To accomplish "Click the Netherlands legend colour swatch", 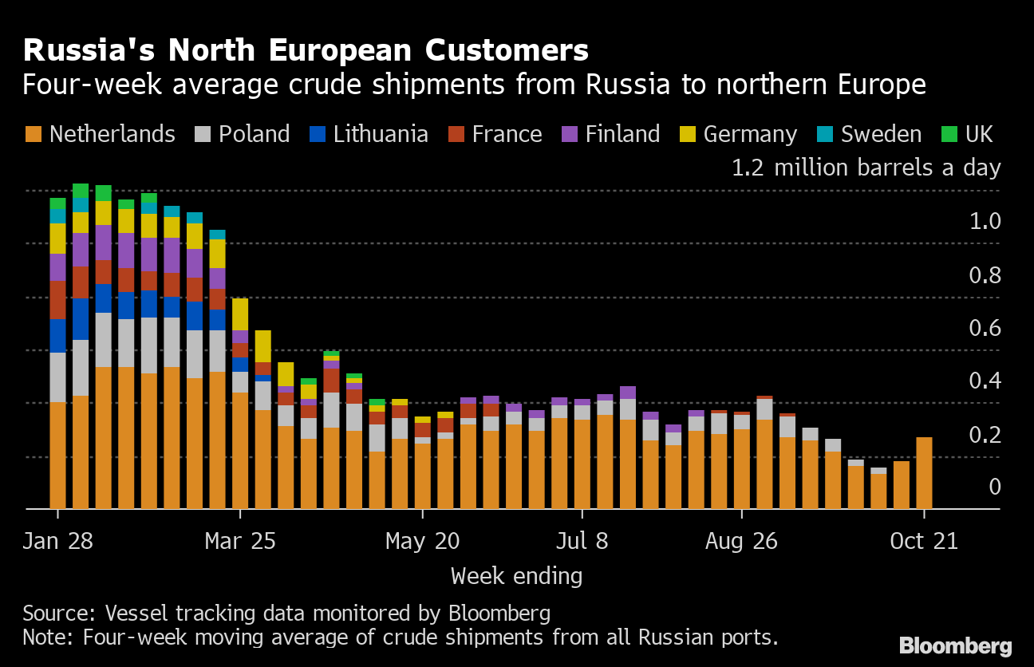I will tap(33, 134).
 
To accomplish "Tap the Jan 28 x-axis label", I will tap(57, 542).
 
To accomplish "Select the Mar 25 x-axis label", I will tap(240, 542).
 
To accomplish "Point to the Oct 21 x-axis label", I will tap(924, 542).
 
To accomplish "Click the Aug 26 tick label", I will tap(741, 542).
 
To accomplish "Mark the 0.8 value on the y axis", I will tap(985, 276).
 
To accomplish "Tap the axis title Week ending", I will tap(516, 576).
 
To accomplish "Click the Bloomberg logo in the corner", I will tap(956, 646).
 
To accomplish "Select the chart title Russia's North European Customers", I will tap(306, 50).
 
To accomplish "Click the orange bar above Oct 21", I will tap(924, 472).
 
